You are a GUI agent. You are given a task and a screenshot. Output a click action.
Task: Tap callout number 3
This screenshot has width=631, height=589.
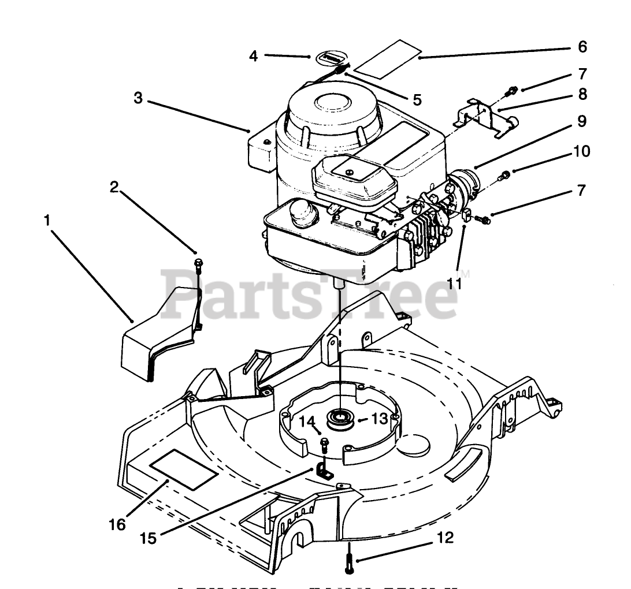pyautogui.click(x=138, y=98)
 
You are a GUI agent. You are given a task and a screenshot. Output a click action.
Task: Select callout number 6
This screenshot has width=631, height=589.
pyautogui.click(x=581, y=46)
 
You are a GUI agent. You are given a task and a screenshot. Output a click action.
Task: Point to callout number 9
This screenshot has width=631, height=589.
pyautogui.click(x=581, y=122)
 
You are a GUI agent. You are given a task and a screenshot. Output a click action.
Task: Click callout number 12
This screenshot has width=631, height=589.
pyautogui.click(x=445, y=538)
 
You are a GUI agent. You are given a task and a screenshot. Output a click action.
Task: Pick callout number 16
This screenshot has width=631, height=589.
pyautogui.click(x=117, y=524)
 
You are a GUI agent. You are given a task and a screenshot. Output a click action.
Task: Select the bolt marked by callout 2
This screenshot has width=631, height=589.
pyautogui.click(x=198, y=264)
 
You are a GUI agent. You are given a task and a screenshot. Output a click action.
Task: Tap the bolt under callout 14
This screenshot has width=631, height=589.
pyautogui.click(x=324, y=444)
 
